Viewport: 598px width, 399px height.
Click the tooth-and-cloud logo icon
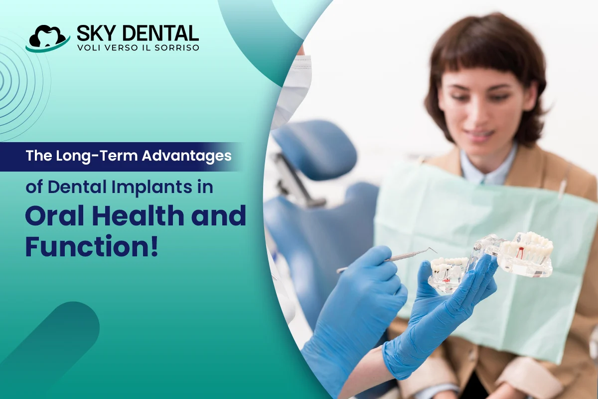pos(47,38)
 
